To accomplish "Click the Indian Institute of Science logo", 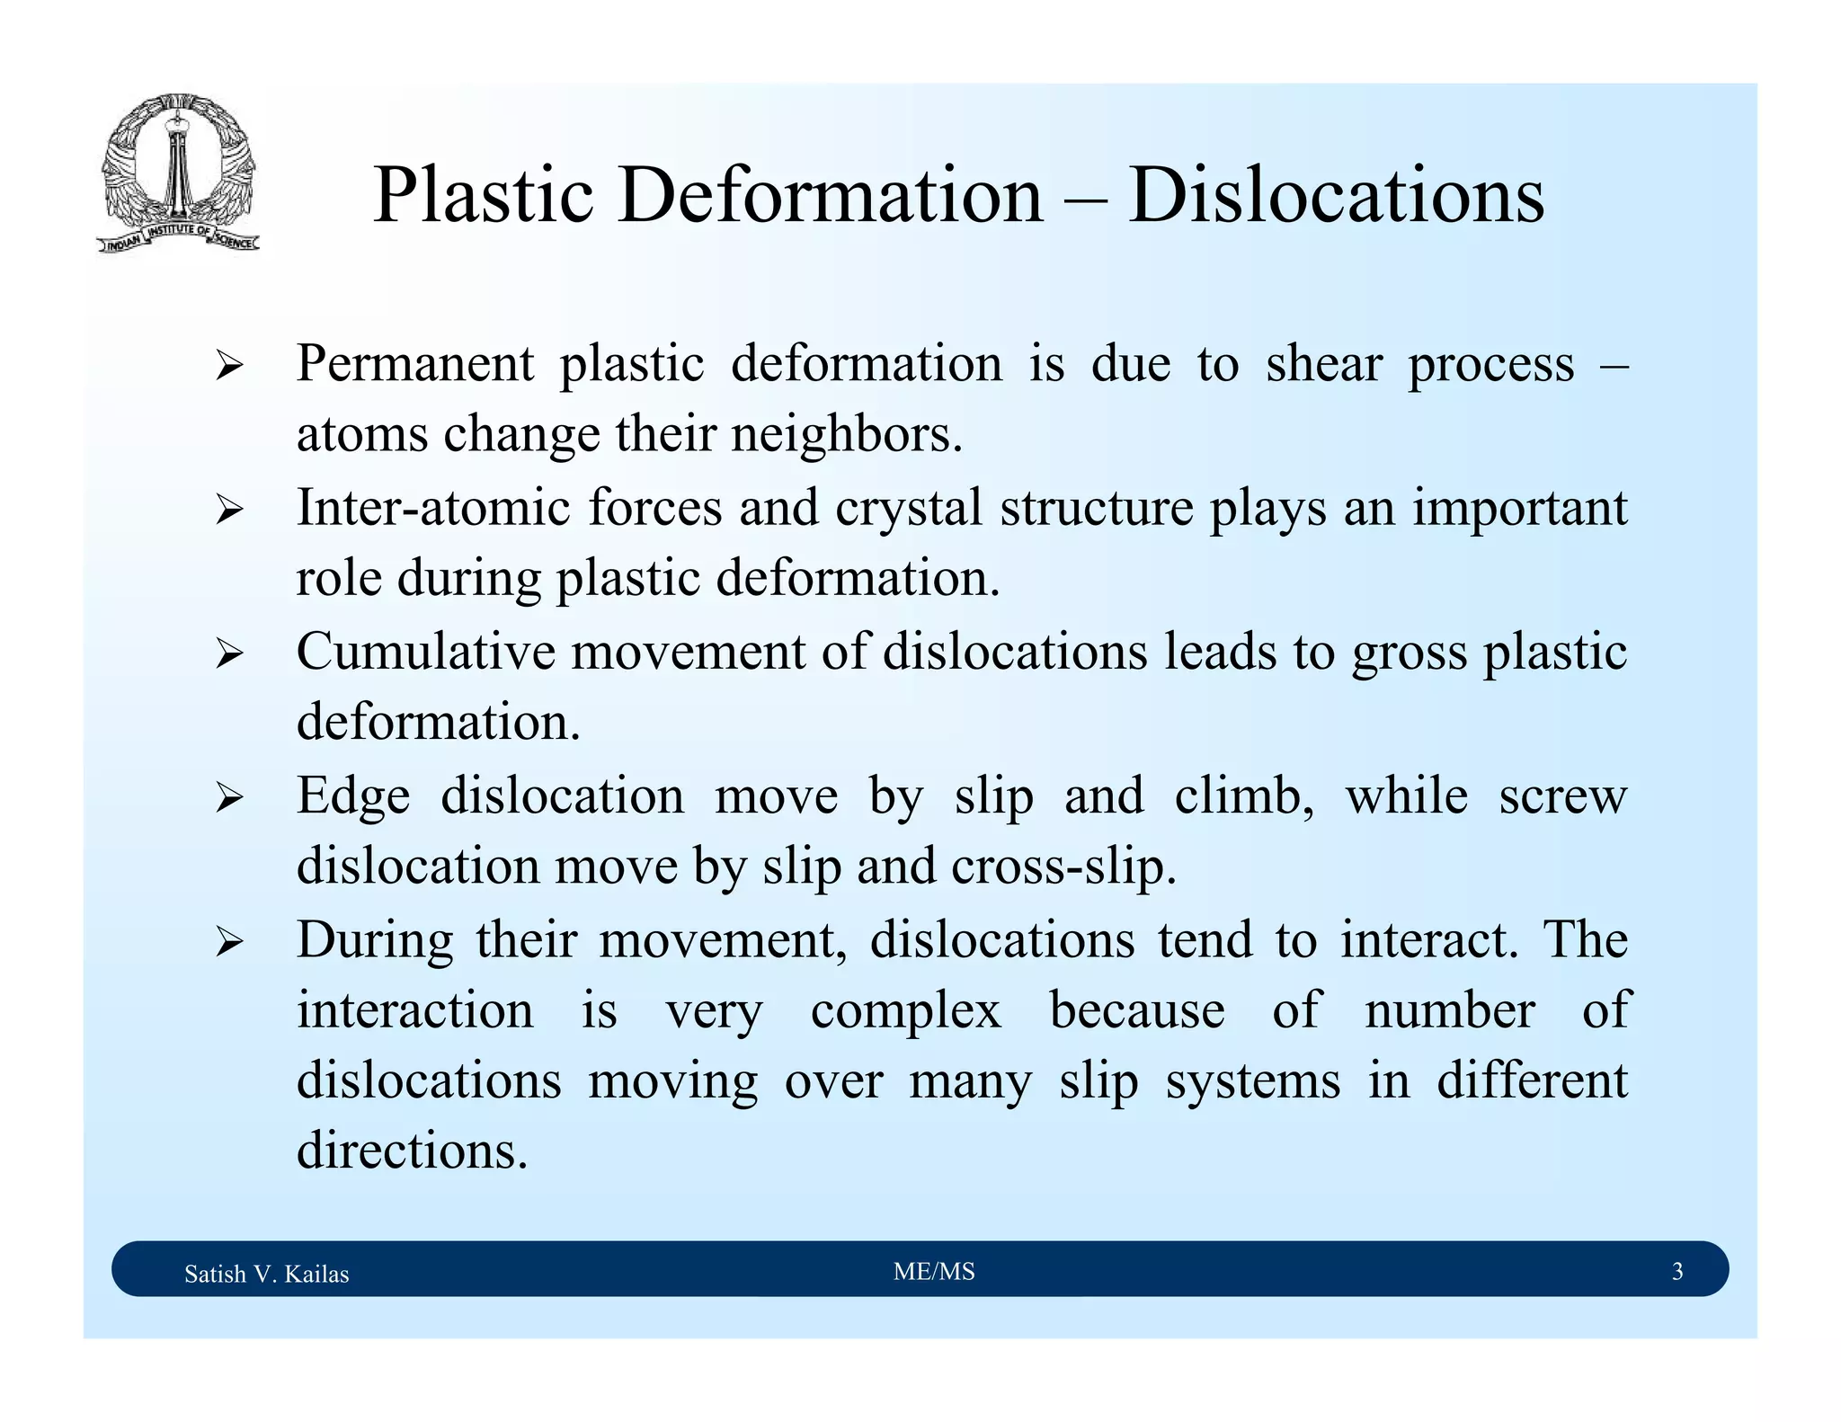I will coord(178,173).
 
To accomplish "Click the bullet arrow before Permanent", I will coord(229,367).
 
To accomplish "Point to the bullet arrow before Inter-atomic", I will coord(229,511).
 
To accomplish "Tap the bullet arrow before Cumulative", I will coord(229,654).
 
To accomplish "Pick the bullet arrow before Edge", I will coord(229,798).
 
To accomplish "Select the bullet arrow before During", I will coord(229,942).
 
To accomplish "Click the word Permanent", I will coord(415,364).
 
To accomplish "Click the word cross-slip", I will coord(1063,867).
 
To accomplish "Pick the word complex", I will coord(905,1011).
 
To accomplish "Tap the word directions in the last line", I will coord(412,1151).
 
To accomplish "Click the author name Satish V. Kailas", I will coord(266,1274).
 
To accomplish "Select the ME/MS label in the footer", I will coord(934,1272).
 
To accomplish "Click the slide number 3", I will coord(1676,1272).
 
